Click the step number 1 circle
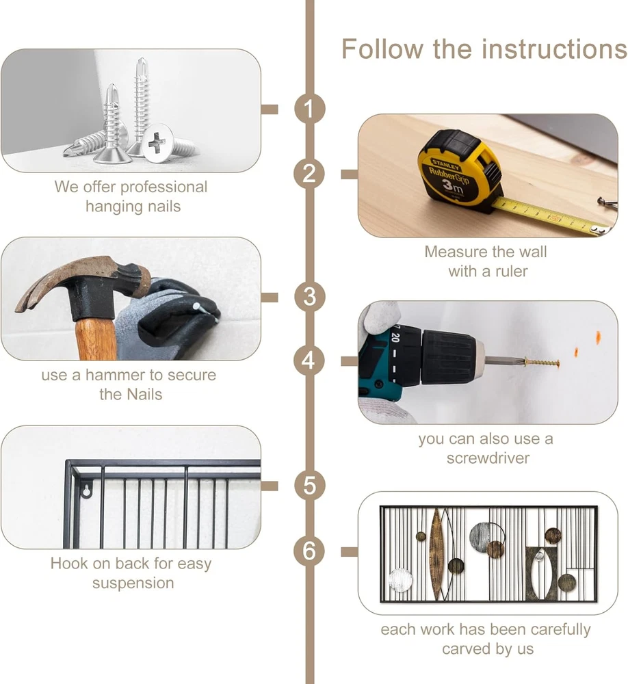[x=309, y=109]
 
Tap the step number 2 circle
[x=309, y=174]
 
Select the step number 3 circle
[x=309, y=297]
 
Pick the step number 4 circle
[x=309, y=360]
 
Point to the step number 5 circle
[x=309, y=486]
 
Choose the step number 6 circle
[x=309, y=551]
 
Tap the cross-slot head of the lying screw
[x=157, y=143]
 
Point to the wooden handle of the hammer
[x=95, y=340]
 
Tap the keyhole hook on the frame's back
[x=87, y=490]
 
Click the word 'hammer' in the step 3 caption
[x=115, y=375]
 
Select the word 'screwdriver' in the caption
[x=488, y=458]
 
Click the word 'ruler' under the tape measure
[x=511, y=272]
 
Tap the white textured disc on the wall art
[x=400, y=580]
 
